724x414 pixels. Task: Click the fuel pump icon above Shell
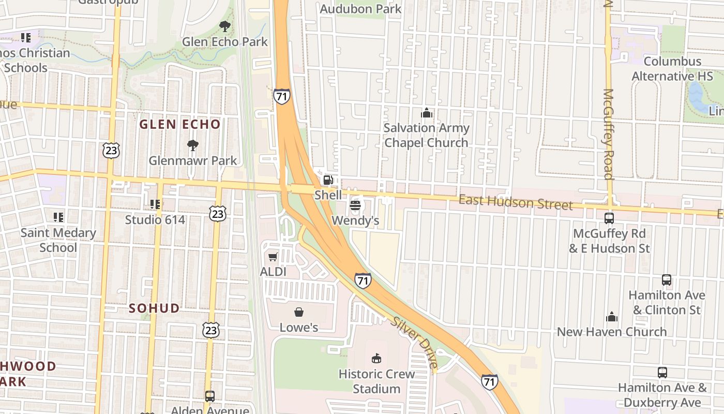(328, 180)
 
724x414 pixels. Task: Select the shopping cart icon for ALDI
(273, 257)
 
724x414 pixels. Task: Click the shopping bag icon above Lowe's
(299, 312)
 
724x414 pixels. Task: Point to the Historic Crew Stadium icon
(376, 358)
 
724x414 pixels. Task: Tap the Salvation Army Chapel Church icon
(427, 113)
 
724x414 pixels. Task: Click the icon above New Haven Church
(612, 317)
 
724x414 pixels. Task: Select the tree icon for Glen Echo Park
(224, 26)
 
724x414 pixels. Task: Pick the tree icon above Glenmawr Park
(193, 145)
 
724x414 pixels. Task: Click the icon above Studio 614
(155, 205)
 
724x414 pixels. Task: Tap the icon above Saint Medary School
(58, 217)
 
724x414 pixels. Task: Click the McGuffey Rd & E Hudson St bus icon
(609, 218)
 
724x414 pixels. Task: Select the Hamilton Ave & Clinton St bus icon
(667, 280)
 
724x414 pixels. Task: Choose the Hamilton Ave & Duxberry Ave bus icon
(662, 372)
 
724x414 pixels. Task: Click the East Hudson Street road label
(516, 202)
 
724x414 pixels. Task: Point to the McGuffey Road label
(608, 134)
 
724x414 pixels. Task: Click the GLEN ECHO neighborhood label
(180, 124)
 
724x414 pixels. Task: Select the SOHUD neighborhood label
(154, 308)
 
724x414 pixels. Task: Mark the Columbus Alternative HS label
(672, 69)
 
